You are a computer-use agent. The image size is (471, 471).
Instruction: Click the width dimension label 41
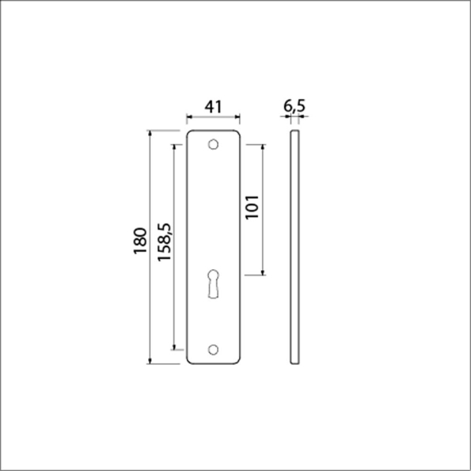[211, 104]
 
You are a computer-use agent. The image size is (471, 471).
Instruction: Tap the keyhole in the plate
[213, 283]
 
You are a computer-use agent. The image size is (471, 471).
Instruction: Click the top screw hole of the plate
[212, 145]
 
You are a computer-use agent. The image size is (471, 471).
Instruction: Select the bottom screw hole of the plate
[212, 349]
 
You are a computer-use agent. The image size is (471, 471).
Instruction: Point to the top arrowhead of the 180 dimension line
[151, 132]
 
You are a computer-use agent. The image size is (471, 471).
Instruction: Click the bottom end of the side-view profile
[296, 362]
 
